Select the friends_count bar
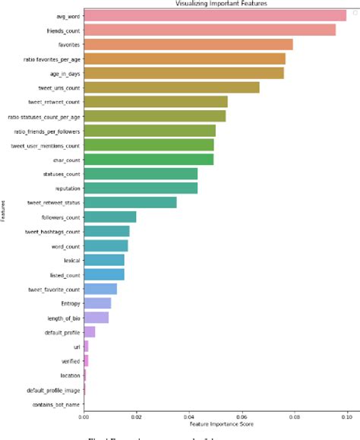(x=210, y=30)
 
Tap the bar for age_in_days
(x=184, y=73)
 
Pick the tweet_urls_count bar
(x=172, y=87)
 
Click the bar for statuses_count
(x=141, y=173)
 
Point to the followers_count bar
(x=110, y=217)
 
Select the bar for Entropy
(x=97, y=303)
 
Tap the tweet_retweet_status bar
(x=130, y=202)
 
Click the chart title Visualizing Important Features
(x=216, y=4)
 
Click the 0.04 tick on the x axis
(x=188, y=416)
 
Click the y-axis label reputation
(x=65, y=188)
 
